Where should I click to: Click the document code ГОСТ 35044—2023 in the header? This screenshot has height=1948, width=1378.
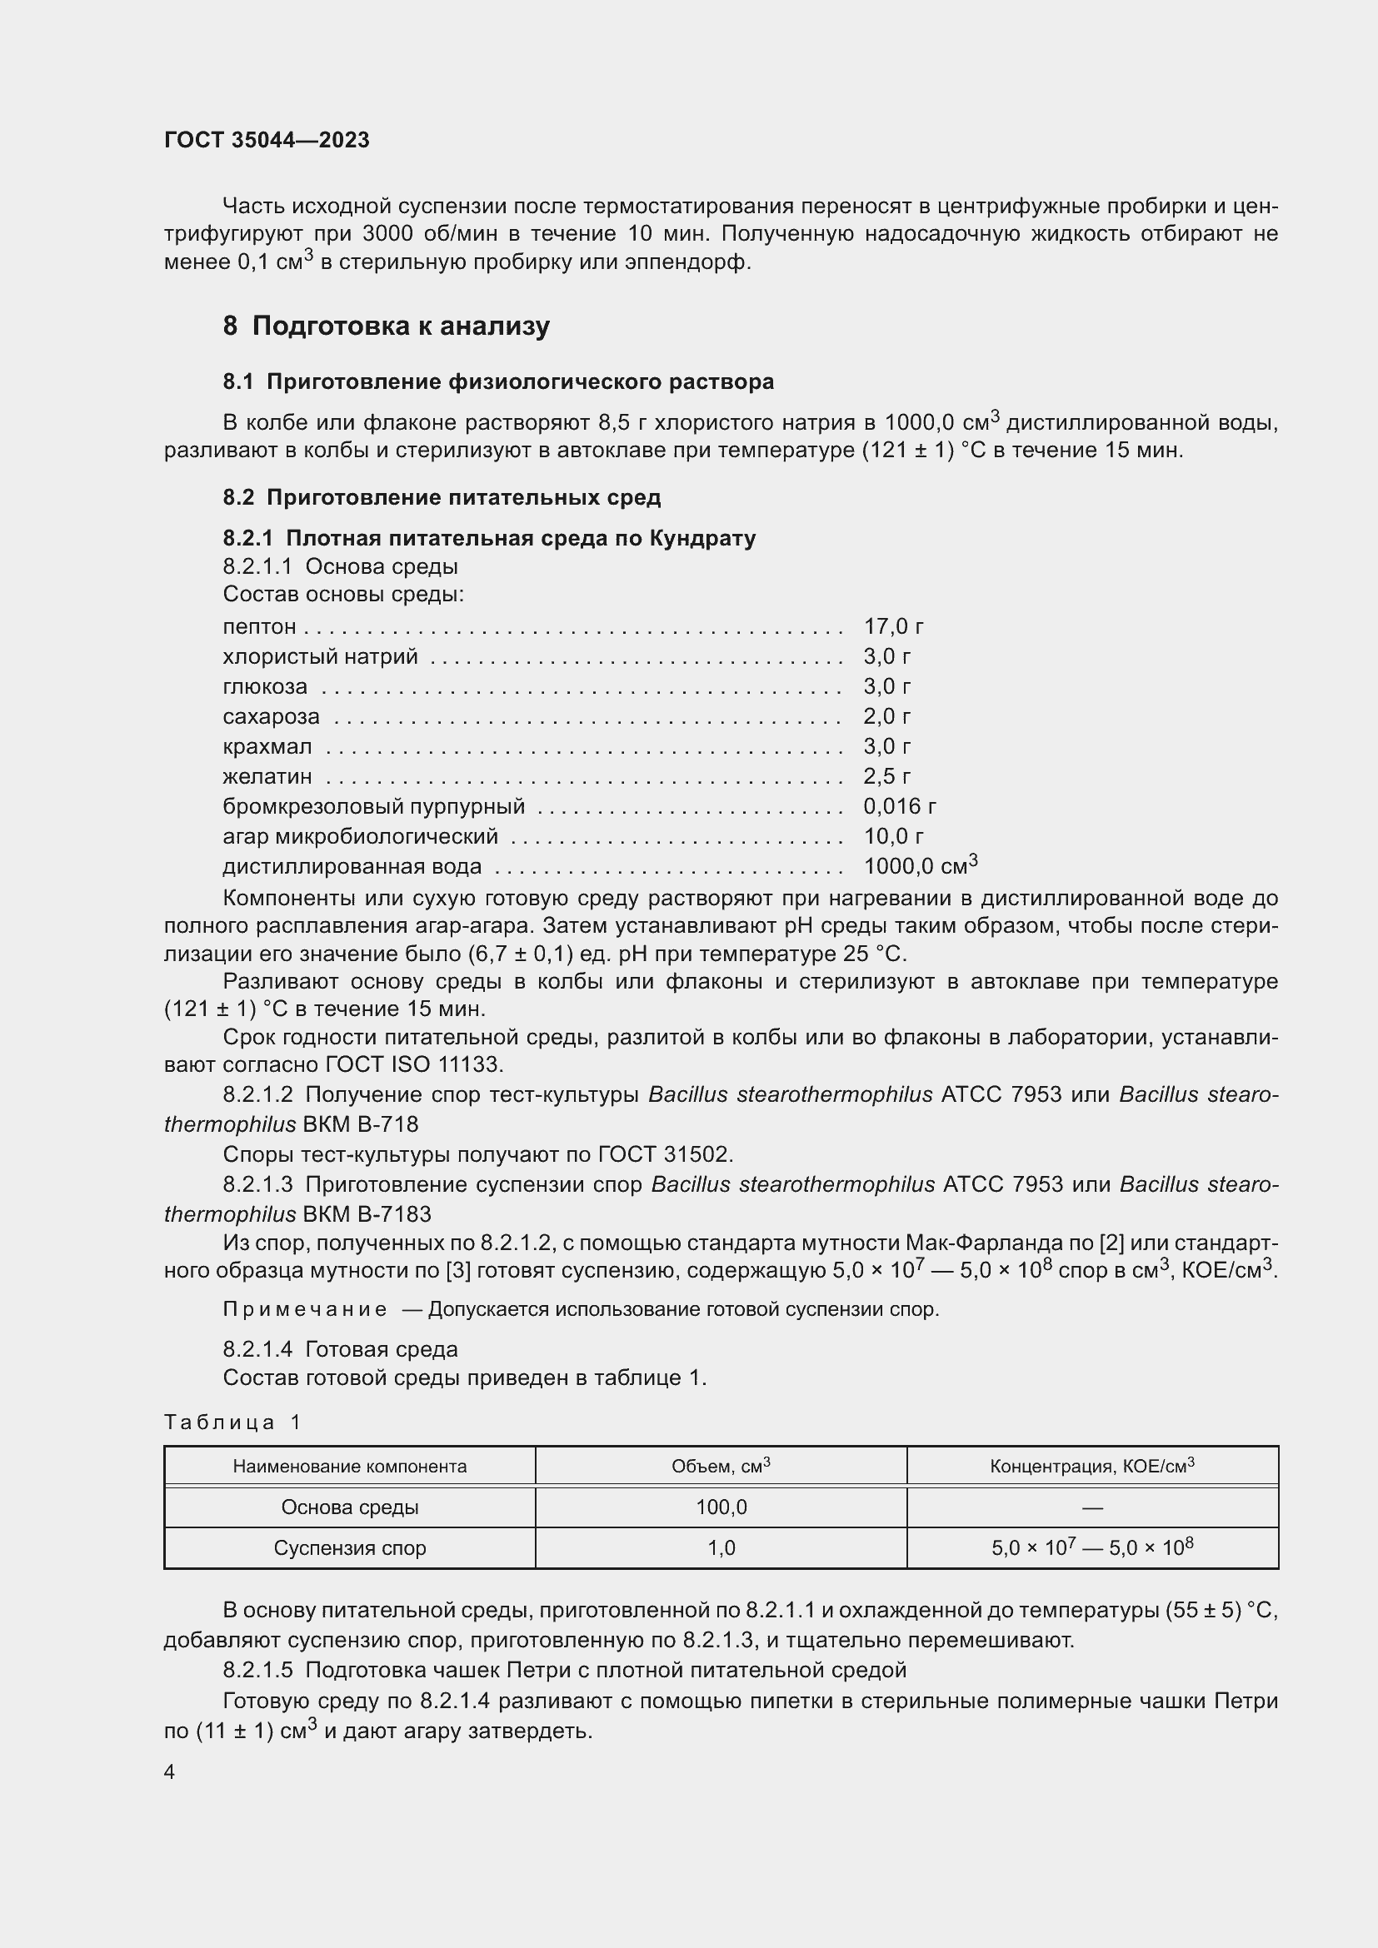[x=267, y=140]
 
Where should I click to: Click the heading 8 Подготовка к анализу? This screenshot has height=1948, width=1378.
[x=386, y=326]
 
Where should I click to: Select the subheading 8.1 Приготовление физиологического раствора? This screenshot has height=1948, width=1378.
[x=498, y=381]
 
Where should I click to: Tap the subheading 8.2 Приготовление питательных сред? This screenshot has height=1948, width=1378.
[x=442, y=497]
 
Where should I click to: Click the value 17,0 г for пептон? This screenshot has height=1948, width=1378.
[x=892, y=626]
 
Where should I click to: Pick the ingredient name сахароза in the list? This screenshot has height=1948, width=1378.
[x=271, y=716]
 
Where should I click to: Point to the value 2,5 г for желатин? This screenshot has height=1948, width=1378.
[x=886, y=775]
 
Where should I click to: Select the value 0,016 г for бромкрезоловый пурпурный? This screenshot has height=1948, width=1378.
[x=900, y=806]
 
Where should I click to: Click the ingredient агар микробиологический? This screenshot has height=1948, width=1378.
[x=360, y=835]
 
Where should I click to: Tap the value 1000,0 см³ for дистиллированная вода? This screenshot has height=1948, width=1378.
[x=920, y=865]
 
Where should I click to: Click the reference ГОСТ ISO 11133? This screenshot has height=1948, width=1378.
[x=414, y=1064]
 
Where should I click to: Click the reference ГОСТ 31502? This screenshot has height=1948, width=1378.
[x=663, y=1153]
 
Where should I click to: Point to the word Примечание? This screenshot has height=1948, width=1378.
[x=305, y=1309]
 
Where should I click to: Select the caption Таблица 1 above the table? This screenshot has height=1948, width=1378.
[x=232, y=1422]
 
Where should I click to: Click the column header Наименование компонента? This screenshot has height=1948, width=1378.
[x=350, y=1466]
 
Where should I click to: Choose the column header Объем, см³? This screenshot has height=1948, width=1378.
[x=721, y=1466]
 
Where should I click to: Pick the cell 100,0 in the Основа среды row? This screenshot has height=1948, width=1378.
[x=721, y=1507]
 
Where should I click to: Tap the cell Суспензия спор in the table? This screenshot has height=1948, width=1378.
[x=350, y=1547]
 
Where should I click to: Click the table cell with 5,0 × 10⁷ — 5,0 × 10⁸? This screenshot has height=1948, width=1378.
[x=1092, y=1547]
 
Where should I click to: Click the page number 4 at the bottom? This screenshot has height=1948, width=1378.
[x=170, y=1771]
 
